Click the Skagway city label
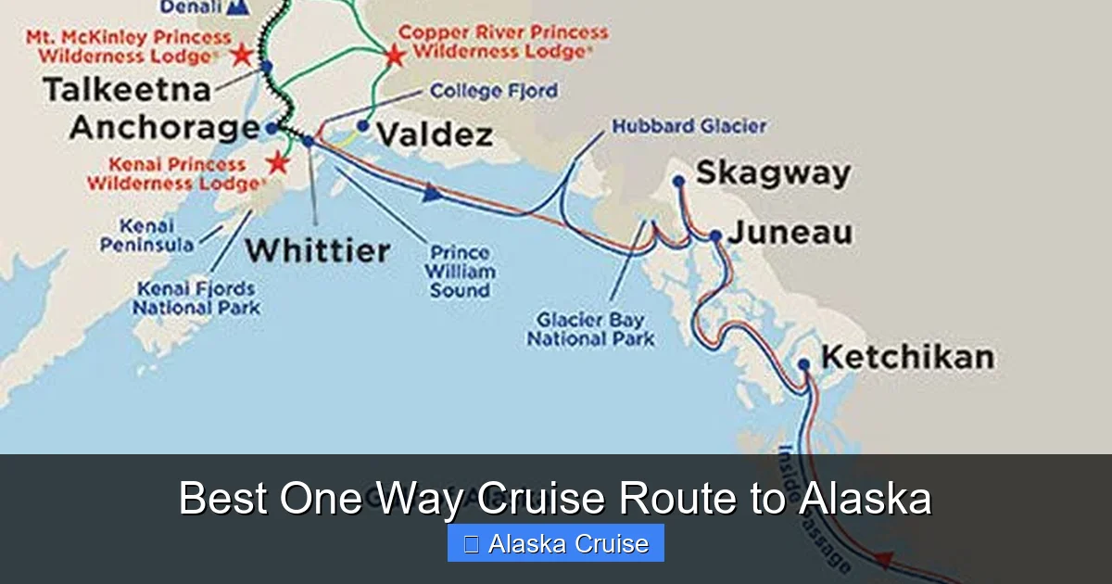773,173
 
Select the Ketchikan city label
908,357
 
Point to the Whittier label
318,250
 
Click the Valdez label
434,135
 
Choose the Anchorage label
164,127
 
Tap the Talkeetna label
128,90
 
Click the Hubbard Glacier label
689,125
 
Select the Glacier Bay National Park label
591,330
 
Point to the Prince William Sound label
460,271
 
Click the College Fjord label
494,91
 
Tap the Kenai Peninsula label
157,235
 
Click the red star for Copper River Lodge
395,55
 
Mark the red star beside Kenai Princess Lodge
277,163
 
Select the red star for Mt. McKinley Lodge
242,54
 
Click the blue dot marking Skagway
678,182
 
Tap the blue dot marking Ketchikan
804,364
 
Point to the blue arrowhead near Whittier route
430,193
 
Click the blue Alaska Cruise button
556,543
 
